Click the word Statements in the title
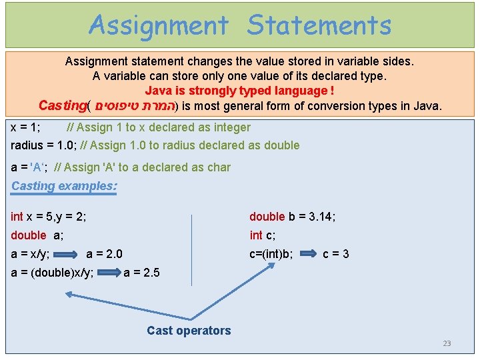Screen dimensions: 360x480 pyautogui.click(x=319, y=25)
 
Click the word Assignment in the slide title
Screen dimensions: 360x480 pyautogui.click(x=158, y=25)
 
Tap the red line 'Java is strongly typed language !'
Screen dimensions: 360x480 pyautogui.click(x=239, y=91)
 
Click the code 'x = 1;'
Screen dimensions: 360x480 pyautogui.click(x=26, y=127)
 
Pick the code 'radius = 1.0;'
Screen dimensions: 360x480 pyautogui.click(x=43, y=145)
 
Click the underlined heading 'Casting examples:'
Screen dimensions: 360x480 pyautogui.click(x=64, y=186)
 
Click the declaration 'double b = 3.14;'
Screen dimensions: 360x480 pyautogui.click(x=292, y=216)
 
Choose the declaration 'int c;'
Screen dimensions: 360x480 pyautogui.click(x=262, y=235)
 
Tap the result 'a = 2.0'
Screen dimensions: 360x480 pyautogui.click(x=104, y=253)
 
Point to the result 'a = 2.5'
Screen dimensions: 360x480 pyautogui.click(x=141, y=272)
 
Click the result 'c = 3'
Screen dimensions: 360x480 pyautogui.click(x=335, y=253)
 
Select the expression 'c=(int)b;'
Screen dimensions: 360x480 pyautogui.click(x=271, y=253)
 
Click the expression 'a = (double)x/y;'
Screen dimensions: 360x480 pyautogui.click(x=53, y=272)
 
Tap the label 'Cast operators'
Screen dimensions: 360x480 pyautogui.click(x=189, y=330)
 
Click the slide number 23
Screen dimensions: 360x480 pyautogui.click(x=447, y=343)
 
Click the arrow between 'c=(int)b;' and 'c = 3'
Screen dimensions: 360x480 pyautogui.click(x=307, y=253)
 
